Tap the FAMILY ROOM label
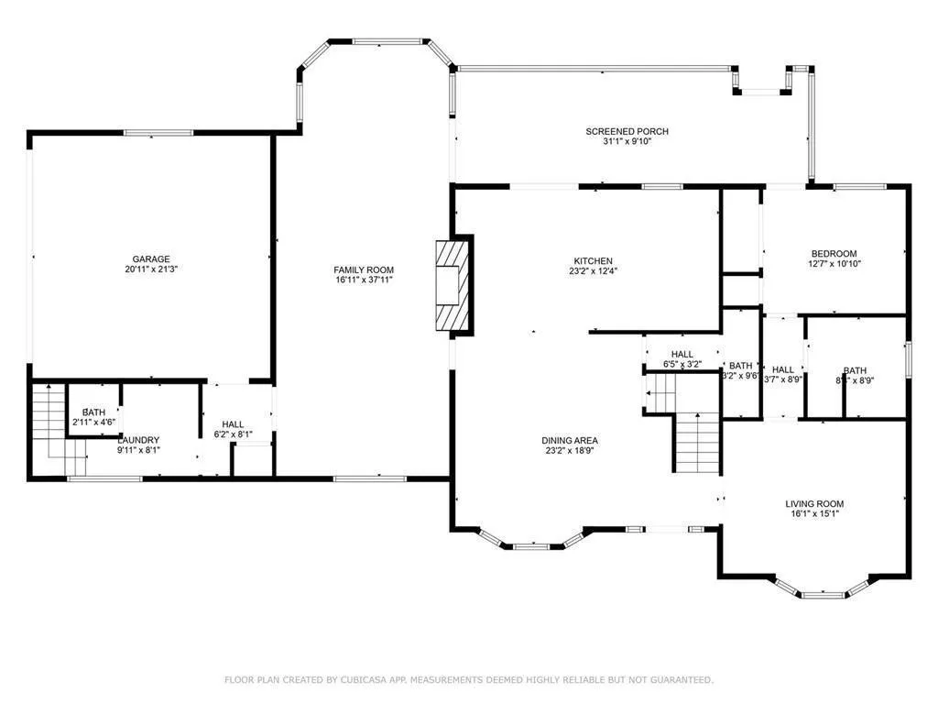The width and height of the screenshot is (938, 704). click(x=364, y=269)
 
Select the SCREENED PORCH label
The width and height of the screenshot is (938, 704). click(x=627, y=131)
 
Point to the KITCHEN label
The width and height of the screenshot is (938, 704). click(x=593, y=260)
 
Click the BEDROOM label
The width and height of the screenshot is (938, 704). click(x=834, y=253)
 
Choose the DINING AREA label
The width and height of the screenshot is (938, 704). click(x=569, y=440)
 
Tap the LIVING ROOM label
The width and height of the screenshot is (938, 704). click(x=814, y=503)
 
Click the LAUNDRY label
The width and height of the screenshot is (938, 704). click(x=138, y=439)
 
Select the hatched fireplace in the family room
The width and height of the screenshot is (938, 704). click(x=453, y=284)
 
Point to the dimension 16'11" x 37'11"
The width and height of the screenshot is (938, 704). click(x=364, y=280)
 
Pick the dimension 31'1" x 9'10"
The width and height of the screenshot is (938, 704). click(x=627, y=141)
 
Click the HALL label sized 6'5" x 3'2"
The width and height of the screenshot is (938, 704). click(x=682, y=354)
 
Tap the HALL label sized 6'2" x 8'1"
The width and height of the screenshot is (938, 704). click(x=233, y=423)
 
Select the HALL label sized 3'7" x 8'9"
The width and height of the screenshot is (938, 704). click(x=783, y=369)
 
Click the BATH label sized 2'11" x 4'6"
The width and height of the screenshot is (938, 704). click(x=93, y=412)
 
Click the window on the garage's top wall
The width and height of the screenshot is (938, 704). click(x=158, y=134)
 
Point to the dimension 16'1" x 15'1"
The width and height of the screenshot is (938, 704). click(x=814, y=513)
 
